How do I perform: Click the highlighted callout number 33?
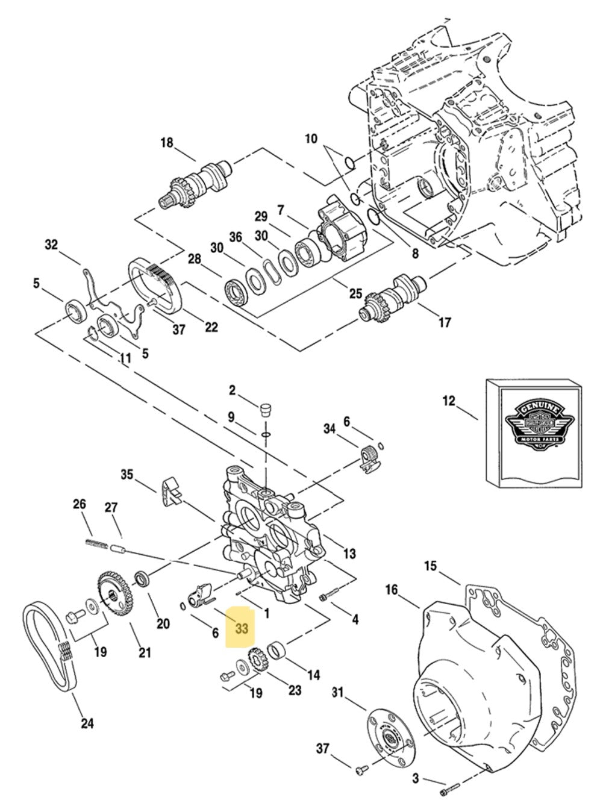pyautogui.click(x=241, y=629)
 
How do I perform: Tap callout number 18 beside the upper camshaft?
pyautogui.click(x=166, y=143)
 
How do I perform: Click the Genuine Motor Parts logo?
pyautogui.click(x=533, y=426)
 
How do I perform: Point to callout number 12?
pyautogui.click(x=449, y=401)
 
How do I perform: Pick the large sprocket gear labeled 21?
pyautogui.click(x=113, y=594)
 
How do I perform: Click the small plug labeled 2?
pyautogui.click(x=262, y=411)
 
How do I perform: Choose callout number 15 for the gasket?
pyautogui.click(x=430, y=566)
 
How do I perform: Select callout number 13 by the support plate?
pyautogui.click(x=349, y=554)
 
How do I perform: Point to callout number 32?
pyautogui.click(x=51, y=245)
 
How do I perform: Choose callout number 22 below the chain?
pyautogui.click(x=211, y=327)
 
